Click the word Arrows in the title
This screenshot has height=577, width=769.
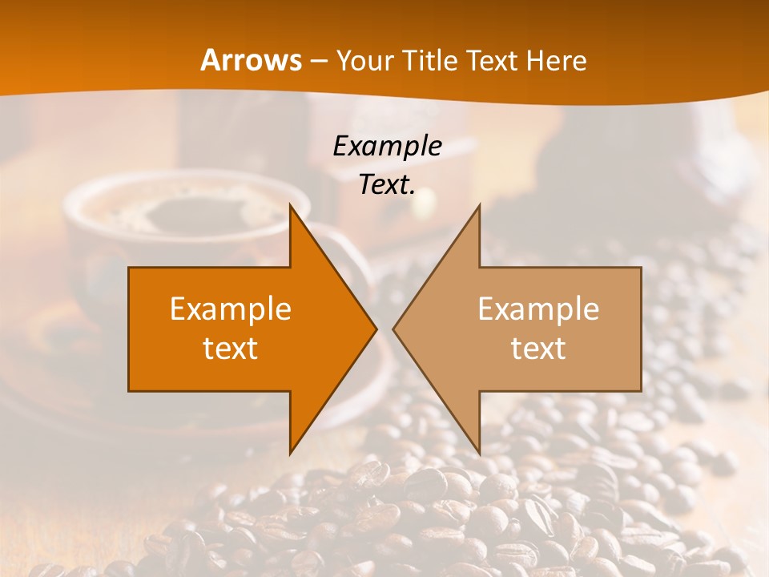coord(251,60)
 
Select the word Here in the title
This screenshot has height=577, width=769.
coord(556,60)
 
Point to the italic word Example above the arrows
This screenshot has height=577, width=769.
coord(387,146)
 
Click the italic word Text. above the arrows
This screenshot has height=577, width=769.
coord(387,184)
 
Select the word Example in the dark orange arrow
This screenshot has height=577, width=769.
coord(231,309)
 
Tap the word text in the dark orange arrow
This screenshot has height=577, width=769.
coord(231,348)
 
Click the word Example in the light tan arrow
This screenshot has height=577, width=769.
coord(538,309)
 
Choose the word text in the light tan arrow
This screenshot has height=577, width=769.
coord(538,348)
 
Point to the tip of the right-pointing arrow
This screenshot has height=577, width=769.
coord(376,329)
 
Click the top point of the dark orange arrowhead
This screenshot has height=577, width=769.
coord(290,205)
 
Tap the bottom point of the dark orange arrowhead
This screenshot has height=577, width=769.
coord(290,453)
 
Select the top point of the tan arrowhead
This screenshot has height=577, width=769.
coord(479,205)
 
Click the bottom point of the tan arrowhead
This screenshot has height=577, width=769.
coord(479,453)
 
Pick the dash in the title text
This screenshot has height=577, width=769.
coord(318,61)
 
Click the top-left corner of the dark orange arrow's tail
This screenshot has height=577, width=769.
coord(129,268)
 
